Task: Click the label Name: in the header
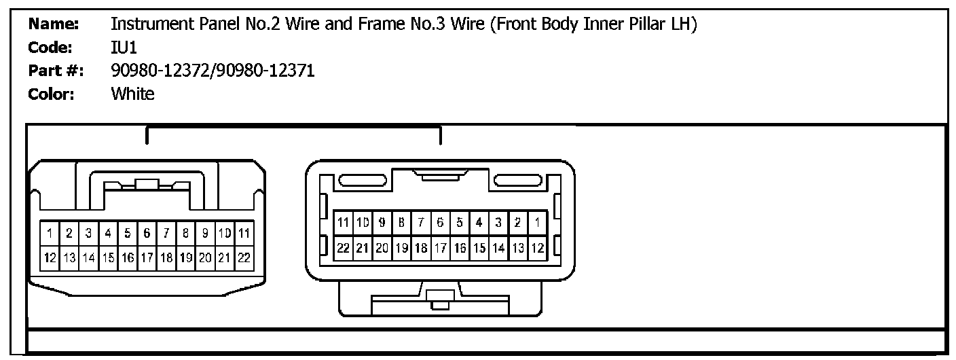[x=54, y=25]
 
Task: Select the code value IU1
[x=124, y=48]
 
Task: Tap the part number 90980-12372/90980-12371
[x=213, y=71]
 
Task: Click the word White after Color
[x=132, y=94]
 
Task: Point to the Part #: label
[x=56, y=71]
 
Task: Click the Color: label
[x=51, y=94]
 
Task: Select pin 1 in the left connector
[x=50, y=234]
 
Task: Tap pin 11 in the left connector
[x=244, y=234]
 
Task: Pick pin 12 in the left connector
[x=50, y=257]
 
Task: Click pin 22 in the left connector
[x=244, y=257]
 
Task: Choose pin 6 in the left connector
[x=147, y=234]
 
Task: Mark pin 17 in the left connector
[x=147, y=257]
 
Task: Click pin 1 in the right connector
[x=536, y=222]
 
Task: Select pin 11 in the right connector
[x=343, y=222]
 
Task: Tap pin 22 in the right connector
[x=343, y=248]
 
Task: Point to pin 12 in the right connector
[x=536, y=248]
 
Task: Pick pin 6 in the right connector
[x=440, y=222]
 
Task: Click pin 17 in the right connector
[x=440, y=248]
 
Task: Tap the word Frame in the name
[x=366, y=25]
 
